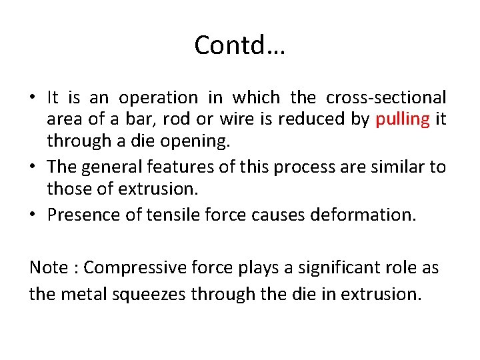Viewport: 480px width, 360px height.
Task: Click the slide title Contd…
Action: pos(239,45)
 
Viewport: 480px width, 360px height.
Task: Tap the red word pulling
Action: pos(403,119)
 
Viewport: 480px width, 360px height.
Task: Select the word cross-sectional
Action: pos(386,97)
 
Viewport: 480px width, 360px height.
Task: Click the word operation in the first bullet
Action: pos(158,97)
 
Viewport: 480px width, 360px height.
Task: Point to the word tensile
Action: pos(171,215)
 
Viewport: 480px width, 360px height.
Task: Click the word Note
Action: pos(49,267)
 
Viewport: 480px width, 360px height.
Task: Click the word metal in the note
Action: pos(80,294)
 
